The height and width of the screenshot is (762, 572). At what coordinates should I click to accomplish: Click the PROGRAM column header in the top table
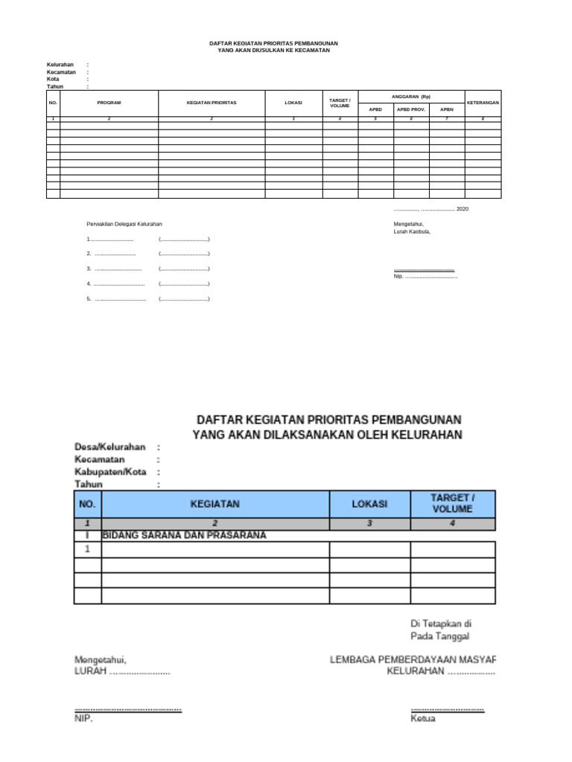tap(109, 103)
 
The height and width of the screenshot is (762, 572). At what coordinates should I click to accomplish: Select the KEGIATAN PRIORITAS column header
tap(212, 103)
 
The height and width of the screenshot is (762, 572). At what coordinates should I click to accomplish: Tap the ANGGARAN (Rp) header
tap(411, 96)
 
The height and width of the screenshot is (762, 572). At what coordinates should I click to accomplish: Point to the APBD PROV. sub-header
tap(411, 109)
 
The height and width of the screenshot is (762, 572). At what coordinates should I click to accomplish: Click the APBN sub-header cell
tap(447, 109)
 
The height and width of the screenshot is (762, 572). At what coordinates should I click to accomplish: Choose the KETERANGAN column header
tap(483, 103)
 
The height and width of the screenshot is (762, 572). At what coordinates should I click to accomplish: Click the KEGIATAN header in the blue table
tap(215, 504)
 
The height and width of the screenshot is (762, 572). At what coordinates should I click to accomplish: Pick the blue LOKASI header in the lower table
tap(369, 504)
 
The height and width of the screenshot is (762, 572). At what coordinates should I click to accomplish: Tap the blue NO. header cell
tap(87, 504)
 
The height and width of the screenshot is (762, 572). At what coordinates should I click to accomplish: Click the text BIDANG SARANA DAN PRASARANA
tap(184, 535)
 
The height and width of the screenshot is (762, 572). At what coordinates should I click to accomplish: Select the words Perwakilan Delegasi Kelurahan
tap(124, 224)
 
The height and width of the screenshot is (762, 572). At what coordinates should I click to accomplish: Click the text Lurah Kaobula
tap(412, 231)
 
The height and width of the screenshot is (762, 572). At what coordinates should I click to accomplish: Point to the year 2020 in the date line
tap(463, 209)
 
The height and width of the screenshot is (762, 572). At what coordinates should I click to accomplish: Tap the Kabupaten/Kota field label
tap(110, 472)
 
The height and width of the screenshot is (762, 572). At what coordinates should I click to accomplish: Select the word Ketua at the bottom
tap(423, 719)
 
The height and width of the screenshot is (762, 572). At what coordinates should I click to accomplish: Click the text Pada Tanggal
tap(439, 635)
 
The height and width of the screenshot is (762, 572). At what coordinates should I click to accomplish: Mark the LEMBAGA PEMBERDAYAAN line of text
tap(413, 659)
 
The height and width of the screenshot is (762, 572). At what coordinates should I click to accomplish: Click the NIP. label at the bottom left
tap(83, 719)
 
